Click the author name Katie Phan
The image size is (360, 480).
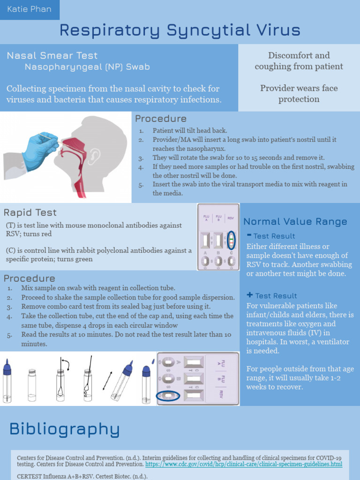(30, 9)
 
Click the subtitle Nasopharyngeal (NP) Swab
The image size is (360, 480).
(87, 67)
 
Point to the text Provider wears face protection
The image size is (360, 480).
(299, 93)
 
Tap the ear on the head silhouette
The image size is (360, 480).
(94, 157)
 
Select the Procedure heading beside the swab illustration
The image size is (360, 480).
(161, 119)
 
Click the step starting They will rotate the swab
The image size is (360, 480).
(239, 157)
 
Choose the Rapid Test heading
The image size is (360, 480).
(30, 212)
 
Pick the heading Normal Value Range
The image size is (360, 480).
(295, 222)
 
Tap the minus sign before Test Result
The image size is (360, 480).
(249, 235)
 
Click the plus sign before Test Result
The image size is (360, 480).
(249, 295)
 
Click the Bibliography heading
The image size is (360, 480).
(65, 429)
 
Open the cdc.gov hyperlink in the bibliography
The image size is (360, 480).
(243, 464)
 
